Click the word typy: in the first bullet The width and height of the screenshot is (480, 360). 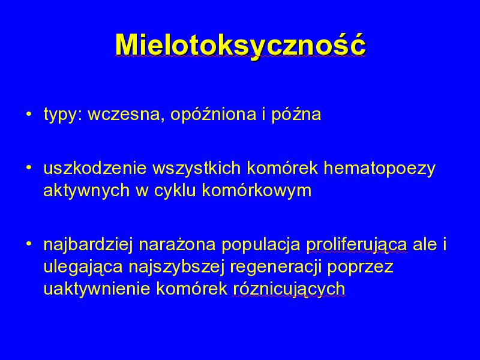(x=63, y=115)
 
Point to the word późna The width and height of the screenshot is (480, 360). (x=296, y=115)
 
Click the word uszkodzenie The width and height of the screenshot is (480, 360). (x=95, y=168)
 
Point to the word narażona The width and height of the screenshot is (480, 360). (x=177, y=244)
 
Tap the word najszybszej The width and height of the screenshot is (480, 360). (x=176, y=267)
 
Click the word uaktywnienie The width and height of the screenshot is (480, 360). (x=97, y=289)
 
